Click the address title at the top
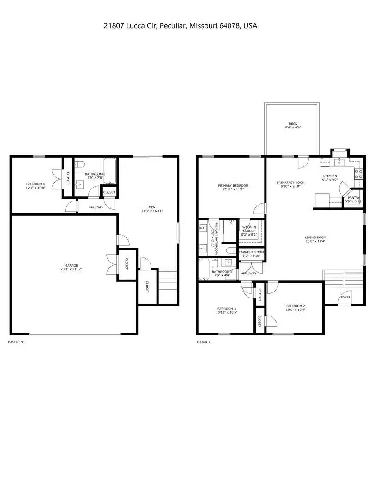point(181,26)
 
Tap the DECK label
point(293,124)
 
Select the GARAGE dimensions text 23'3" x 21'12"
point(71,269)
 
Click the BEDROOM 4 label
point(35,184)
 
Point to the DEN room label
point(151,207)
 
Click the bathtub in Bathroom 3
point(110,171)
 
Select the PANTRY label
point(354,198)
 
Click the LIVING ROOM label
point(315,237)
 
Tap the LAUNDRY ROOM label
point(252,252)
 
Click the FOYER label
point(345,297)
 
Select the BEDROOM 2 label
point(296,306)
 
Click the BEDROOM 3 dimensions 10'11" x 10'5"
point(227,312)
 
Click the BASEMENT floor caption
point(17,342)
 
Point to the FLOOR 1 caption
point(203,342)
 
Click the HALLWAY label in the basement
point(96,207)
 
